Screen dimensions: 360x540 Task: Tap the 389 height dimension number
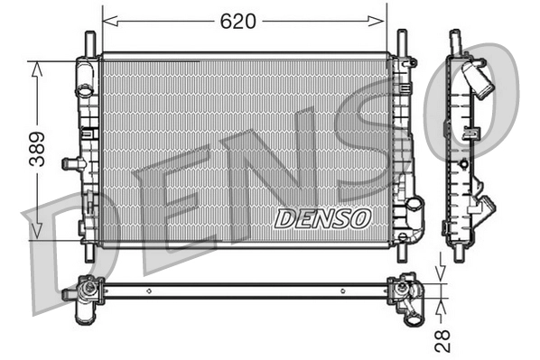36,148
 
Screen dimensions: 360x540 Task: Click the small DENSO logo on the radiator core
322,217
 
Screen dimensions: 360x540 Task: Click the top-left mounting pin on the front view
88,42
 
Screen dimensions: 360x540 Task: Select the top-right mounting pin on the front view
400,42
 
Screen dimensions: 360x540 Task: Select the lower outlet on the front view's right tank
414,208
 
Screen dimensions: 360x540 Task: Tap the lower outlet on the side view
485,207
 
